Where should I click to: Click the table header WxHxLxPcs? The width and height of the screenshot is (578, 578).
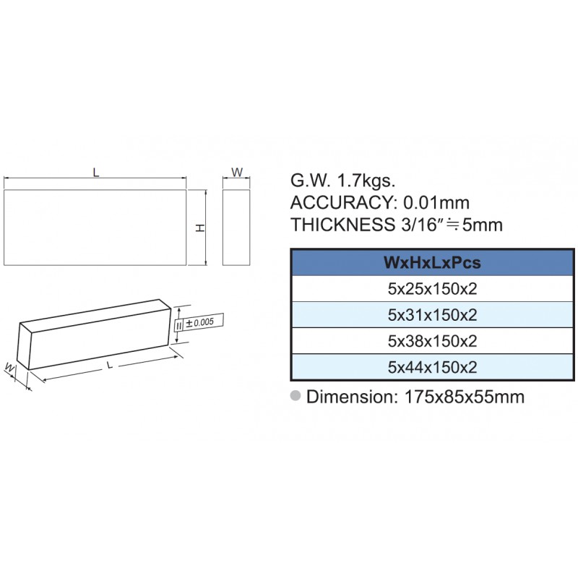[x=432, y=262]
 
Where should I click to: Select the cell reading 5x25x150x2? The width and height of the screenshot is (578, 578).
[x=432, y=288]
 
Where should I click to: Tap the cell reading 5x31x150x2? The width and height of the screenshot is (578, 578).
[x=432, y=315]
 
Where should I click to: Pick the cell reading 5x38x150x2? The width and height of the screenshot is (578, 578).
[x=432, y=341]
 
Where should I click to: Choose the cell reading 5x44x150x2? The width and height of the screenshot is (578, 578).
[x=432, y=367]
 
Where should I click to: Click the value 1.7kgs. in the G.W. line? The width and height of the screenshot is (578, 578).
[x=366, y=181]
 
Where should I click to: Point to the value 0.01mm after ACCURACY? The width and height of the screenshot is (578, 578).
[x=436, y=203]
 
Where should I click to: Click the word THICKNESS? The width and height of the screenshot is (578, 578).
[x=342, y=225]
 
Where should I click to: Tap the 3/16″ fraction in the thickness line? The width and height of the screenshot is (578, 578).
[x=421, y=224]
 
